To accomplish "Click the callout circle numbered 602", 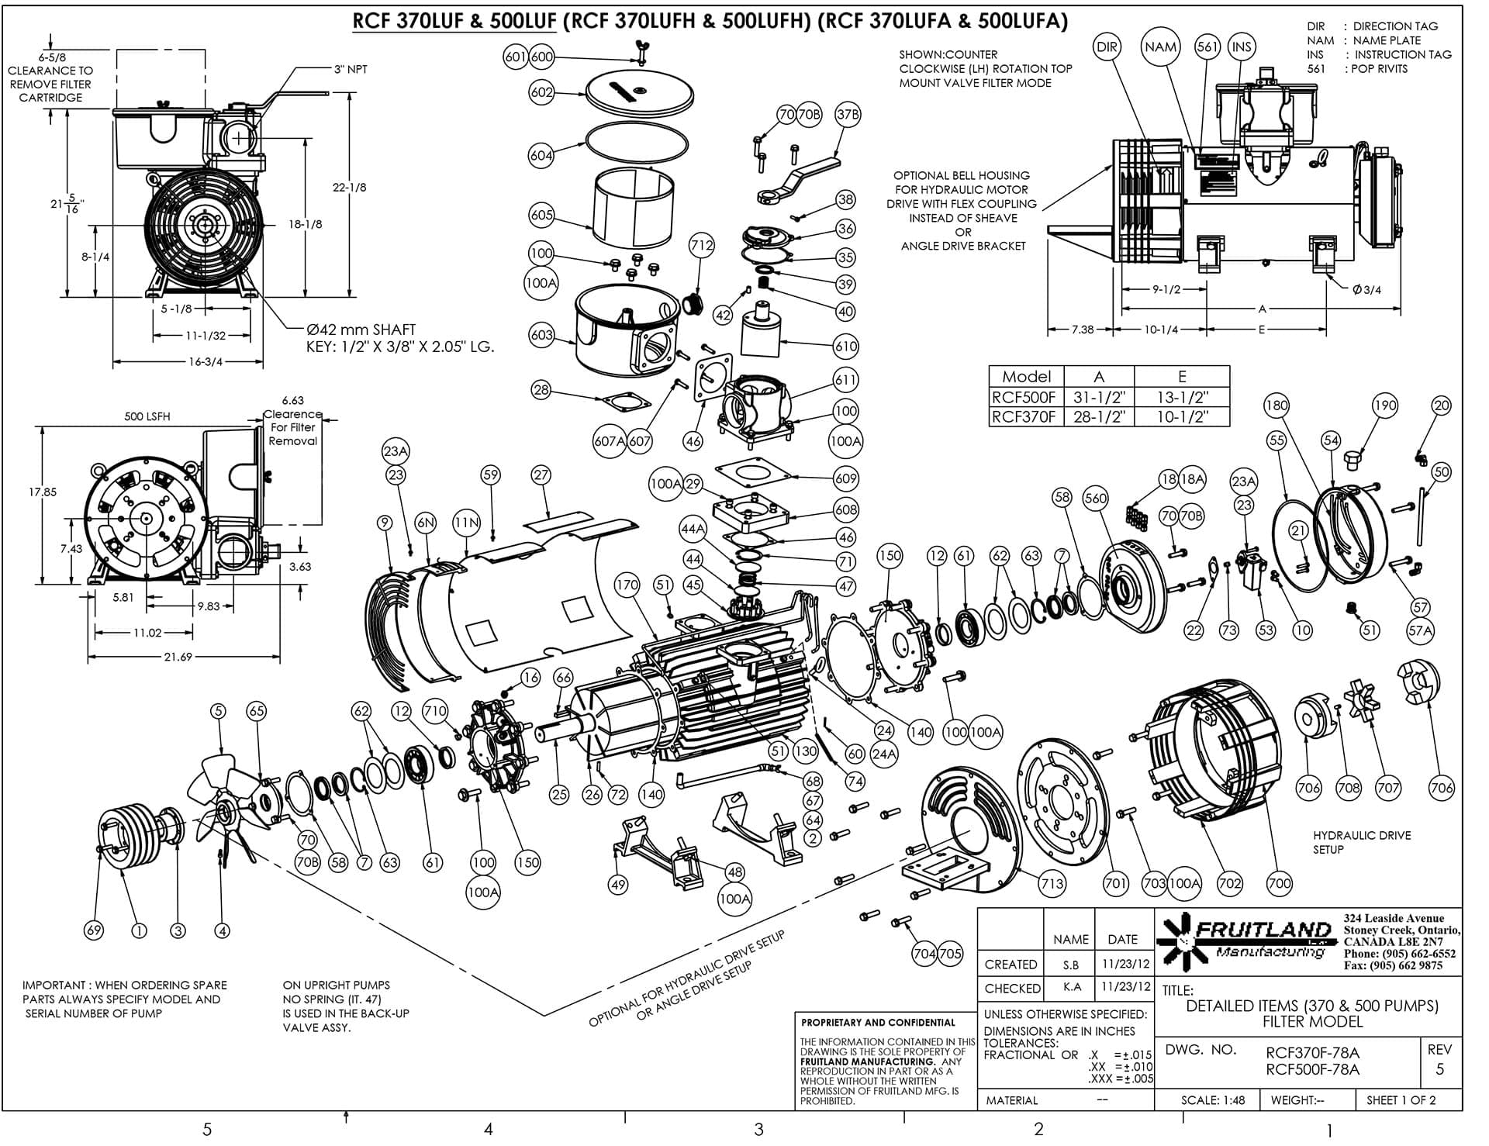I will point(541,92).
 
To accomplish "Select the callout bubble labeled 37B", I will point(848,115).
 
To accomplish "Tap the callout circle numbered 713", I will point(1052,883).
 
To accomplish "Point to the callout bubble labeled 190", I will point(1384,405).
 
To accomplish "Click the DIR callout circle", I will point(1107,47).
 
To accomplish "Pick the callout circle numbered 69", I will point(93,931).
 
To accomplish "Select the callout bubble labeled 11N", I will point(467,523).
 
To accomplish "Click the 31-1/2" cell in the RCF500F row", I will point(1099,398).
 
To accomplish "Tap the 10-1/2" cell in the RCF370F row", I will point(1182,417).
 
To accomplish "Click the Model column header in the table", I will point(1027,376).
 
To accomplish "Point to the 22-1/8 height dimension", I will point(349,187).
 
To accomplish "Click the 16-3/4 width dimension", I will point(206,362).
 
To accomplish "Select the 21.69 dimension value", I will point(178,657).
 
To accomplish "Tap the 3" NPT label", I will point(351,69).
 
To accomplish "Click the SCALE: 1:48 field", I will point(1213,1100).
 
